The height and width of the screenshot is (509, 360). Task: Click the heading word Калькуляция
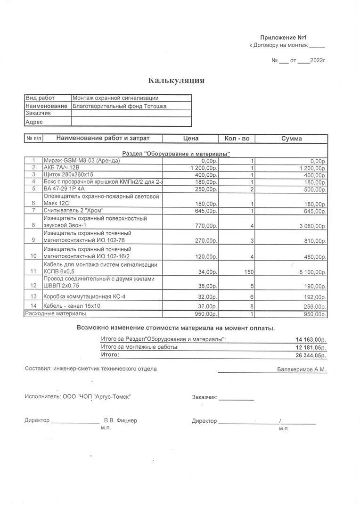point(176,81)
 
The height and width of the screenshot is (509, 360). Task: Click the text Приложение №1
point(286,37)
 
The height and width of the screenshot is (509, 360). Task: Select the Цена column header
point(190,139)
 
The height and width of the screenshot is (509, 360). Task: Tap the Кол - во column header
point(237,139)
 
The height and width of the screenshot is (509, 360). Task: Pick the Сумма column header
point(291,139)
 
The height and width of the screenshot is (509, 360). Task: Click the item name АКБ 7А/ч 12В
point(62,168)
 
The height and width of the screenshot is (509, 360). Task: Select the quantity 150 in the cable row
point(248,272)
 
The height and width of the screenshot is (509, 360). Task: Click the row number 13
point(33,296)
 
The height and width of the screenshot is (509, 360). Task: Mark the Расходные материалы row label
point(55,313)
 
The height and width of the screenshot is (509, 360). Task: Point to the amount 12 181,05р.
point(311,347)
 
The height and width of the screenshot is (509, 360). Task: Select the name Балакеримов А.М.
point(301,369)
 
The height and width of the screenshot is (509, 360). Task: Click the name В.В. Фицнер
point(121,420)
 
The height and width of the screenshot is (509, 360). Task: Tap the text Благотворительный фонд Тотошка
point(119,106)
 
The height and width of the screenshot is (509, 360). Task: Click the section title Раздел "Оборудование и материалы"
point(176,154)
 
